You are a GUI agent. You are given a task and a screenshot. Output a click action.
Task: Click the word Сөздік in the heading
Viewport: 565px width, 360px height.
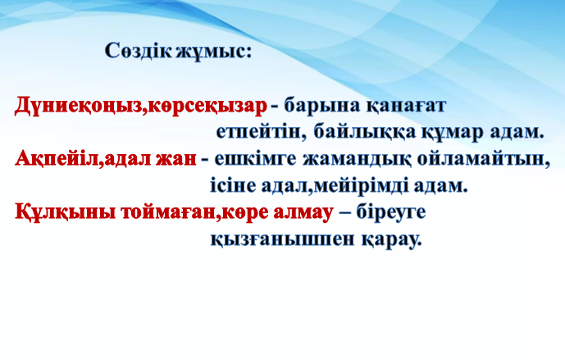click(138, 51)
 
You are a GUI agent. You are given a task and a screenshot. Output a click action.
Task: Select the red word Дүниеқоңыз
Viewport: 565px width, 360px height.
click(79, 107)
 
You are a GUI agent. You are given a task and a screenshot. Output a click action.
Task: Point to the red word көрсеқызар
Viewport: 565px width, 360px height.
click(207, 107)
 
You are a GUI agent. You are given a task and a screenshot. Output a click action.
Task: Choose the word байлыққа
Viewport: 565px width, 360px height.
click(365, 133)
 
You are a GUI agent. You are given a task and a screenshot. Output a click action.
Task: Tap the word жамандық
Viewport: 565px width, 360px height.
click(357, 159)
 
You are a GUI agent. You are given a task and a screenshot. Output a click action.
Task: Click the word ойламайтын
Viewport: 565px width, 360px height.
click(484, 159)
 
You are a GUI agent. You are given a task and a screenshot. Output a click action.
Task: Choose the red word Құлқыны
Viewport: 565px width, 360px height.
click(66, 212)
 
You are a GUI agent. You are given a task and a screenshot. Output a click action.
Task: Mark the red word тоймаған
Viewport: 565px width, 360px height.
click(169, 212)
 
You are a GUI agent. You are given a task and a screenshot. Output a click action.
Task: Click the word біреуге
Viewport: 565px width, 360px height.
click(391, 212)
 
